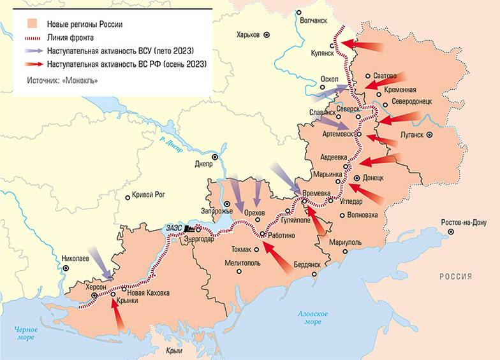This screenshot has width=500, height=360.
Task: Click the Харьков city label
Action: click(x=248, y=34)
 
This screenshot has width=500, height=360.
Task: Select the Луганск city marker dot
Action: click(x=430, y=134)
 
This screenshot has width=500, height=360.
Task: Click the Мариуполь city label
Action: click(x=346, y=243)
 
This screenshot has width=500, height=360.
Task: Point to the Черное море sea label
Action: click(x=26, y=333)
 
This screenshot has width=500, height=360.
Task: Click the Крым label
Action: click(x=174, y=350)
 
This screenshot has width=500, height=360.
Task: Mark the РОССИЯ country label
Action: click(x=455, y=276)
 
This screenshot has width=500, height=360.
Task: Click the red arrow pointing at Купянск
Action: click(x=362, y=44)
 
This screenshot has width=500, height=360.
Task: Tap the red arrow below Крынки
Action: click(x=116, y=314)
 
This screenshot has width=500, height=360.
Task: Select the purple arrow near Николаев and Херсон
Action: click(x=100, y=264)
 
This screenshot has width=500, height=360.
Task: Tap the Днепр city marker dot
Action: click(x=215, y=156)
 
